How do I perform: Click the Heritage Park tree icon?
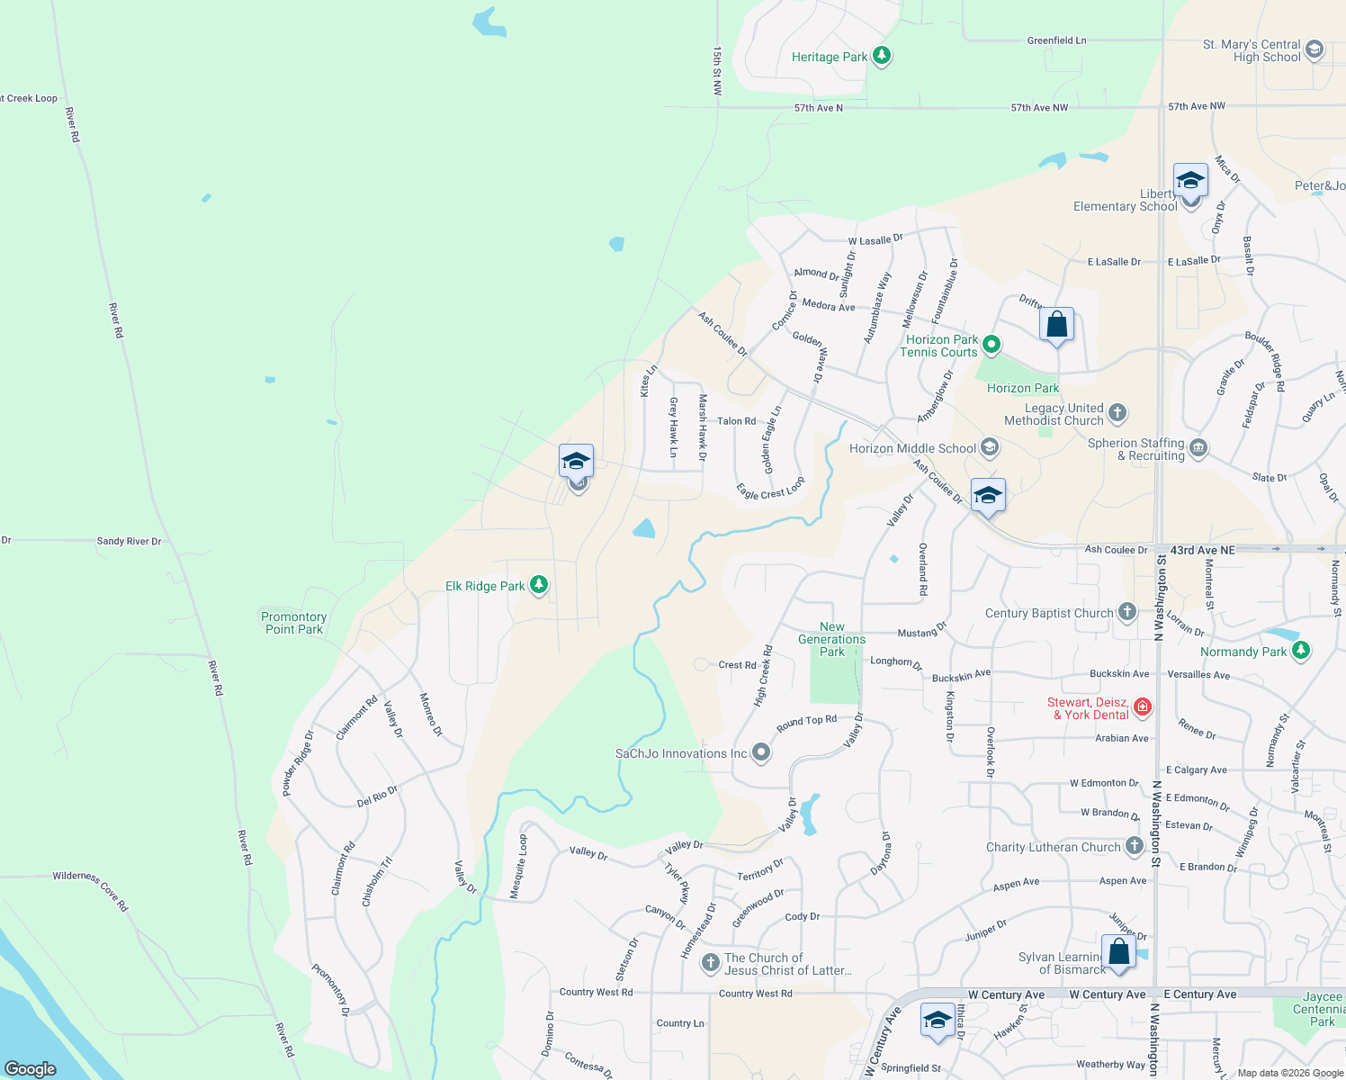pyautogui.click(x=882, y=56)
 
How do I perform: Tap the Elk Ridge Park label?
pyautogui.click(x=485, y=586)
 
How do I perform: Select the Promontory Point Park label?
pyautogui.click(x=294, y=623)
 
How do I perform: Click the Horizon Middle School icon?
pyautogui.click(x=990, y=447)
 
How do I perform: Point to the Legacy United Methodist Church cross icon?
pyautogui.click(x=1117, y=413)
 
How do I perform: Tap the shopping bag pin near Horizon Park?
pyautogui.click(x=1056, y=325)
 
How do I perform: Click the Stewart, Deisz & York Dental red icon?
pyautogui.click(x=1143, y=707)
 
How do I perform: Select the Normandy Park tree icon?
pyautogui.click(x=1300, y=651)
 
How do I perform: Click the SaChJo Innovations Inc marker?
pyautogui.click(x=761, y=752)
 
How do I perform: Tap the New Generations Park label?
pyautogui.click(x=831, y=639)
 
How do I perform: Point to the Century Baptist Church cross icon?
pyautogui.click(x=1127, y=612)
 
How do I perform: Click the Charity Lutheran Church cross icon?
pyautogui.click(x=1135, y=846)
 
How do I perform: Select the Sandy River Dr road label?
pyautogui.click(x=129, y=541)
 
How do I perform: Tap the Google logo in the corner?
pyautogui.click(x=31, y=1068)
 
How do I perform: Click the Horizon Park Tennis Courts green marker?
pyautogui.click(x=992, y=344)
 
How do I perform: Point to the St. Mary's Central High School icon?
pyautogui.click(x=1315, y=49)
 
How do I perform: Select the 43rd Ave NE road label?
pyautogui.click(x=1202, y=549)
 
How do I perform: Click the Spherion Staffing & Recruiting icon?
pyautogui.click(x=1198, y=448)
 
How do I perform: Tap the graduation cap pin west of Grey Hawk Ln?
pyautogui.click(x=576, y=463)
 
